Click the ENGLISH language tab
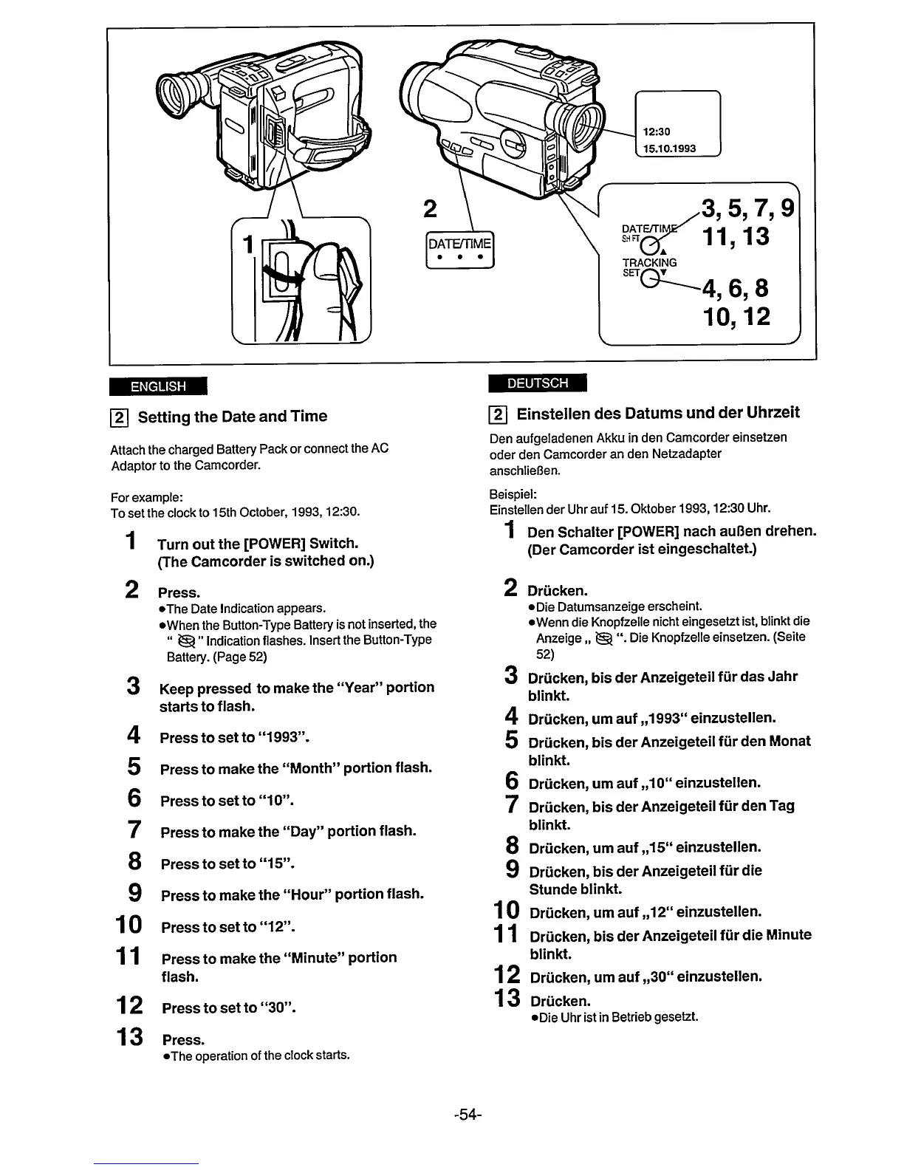click(x=157, y=386)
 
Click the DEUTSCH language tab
click(x=537, y=383)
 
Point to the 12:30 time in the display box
click(x=657, y=132)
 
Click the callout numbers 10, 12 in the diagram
click(x=736, y=316)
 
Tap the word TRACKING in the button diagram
click(x=650, y=262)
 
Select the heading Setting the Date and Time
click(x=232, y=417)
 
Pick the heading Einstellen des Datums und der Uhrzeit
click(x=658, y=413)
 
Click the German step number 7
click(x=511, y=804)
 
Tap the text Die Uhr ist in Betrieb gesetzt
click(x=618, y=1018)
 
